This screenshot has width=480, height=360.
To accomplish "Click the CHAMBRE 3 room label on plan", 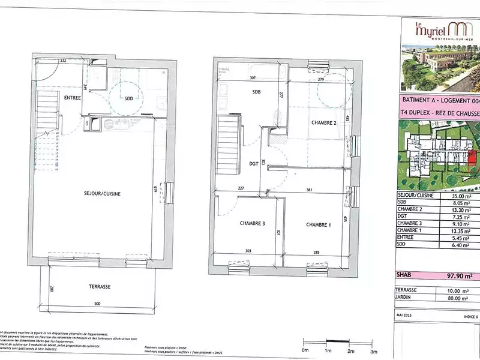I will point(253,224).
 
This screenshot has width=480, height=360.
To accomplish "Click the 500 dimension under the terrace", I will point(97,305).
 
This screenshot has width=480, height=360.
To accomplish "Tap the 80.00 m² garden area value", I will point(463,297).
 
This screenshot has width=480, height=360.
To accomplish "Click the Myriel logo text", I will point(426,27).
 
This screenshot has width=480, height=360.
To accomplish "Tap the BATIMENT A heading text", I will point(423,101).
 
